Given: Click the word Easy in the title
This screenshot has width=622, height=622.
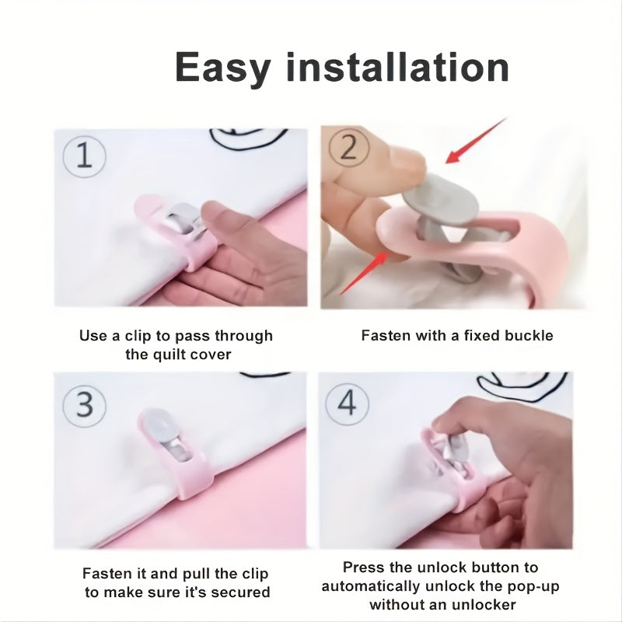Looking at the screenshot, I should coord(222,68).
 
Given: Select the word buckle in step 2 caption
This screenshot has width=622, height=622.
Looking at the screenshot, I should coord(528,336).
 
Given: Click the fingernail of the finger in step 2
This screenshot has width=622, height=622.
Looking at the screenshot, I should coord(404,159).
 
